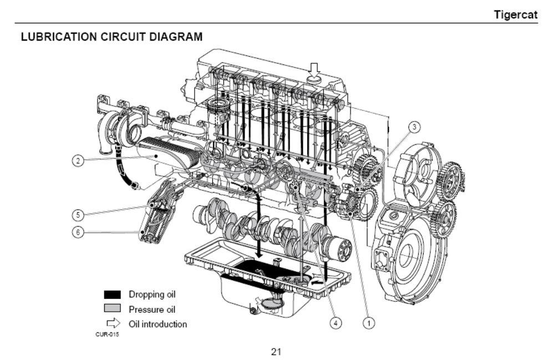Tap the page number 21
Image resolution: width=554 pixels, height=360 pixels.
pos(276,351)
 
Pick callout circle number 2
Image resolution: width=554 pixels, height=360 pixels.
pos(80,161)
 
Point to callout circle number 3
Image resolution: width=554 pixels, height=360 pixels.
pos(415,127)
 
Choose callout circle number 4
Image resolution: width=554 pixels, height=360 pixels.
pos(335,321)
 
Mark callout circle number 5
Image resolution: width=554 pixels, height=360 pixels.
pos(79,214)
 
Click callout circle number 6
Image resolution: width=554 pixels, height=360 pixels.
pos(79,232)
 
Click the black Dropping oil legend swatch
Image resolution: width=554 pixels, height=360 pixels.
pos(112,295)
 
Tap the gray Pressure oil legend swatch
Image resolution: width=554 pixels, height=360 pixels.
pos(112,309)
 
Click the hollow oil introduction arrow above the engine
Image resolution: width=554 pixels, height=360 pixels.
pos(314,69)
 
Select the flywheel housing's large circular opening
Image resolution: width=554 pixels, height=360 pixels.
pos(411,255)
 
